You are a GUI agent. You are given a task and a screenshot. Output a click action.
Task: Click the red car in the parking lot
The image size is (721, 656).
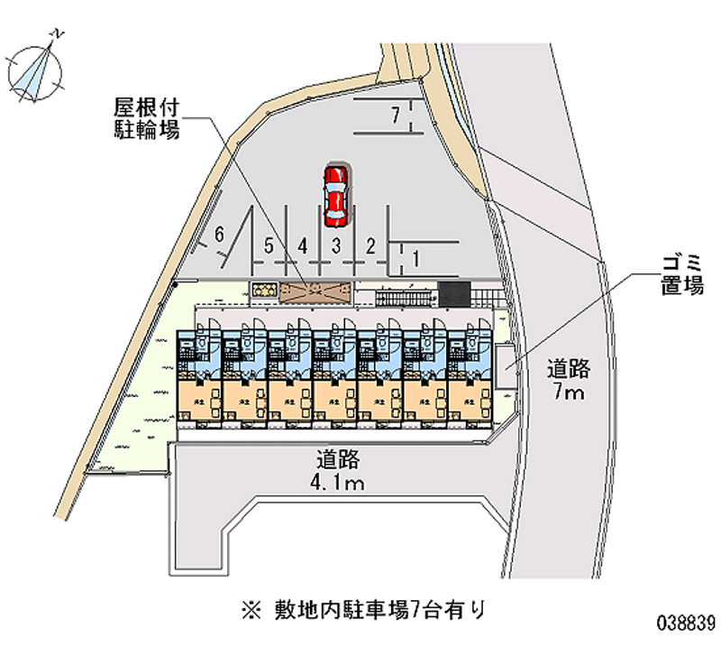tap(335, 195)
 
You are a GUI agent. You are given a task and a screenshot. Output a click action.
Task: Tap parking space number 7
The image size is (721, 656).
tap(394, 115)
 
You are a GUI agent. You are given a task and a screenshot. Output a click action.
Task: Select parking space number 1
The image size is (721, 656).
tap(415, 259)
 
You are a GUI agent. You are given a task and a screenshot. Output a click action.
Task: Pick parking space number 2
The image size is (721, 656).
tap(370, 245)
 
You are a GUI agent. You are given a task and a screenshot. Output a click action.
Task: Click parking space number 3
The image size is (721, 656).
tap(334, 245)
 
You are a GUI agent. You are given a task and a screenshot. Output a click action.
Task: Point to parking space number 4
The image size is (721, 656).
tap(304, 245)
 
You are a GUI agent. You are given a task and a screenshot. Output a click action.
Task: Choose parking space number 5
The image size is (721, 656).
tap(269, 245)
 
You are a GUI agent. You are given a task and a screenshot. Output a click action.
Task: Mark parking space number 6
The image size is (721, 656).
tap(220, 236)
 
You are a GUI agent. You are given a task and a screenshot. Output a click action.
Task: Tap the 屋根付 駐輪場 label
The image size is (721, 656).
tap(146, 117)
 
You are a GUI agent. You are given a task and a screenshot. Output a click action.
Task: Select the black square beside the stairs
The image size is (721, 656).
tap(454, 294)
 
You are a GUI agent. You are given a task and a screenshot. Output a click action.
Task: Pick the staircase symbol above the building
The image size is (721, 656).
tap(405, 297)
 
